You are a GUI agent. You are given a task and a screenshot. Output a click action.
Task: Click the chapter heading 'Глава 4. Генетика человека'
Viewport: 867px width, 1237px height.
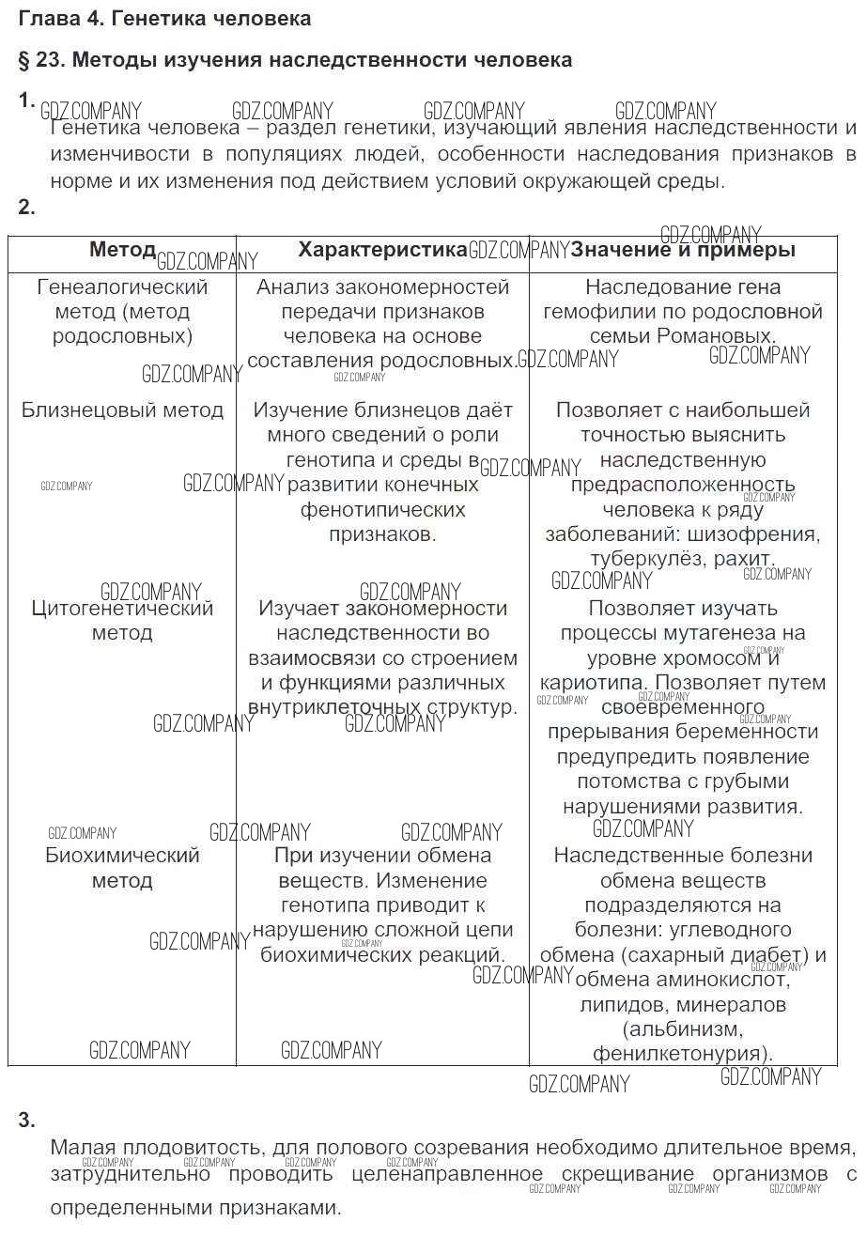[164, 19]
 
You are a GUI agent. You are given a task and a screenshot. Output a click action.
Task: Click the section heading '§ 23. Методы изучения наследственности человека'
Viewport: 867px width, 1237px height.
[295, 60]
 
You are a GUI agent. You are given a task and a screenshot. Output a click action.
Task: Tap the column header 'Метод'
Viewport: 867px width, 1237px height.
[122, 250]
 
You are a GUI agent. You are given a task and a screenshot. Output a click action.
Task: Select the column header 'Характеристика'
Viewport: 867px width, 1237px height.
[382, 250]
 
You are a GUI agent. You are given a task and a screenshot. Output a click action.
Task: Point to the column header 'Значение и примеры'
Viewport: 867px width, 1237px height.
[683, 250]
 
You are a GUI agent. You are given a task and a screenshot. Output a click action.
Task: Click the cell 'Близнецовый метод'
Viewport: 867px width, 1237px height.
[122, 410]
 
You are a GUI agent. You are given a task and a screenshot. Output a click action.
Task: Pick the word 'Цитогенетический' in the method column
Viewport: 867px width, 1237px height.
[122, 609]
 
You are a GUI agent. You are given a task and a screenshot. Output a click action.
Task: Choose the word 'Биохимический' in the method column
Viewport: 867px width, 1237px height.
[122, 856]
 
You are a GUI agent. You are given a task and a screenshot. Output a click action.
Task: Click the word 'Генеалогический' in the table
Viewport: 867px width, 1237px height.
[122, 287]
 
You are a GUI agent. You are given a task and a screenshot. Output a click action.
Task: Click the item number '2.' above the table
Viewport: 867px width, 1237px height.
[27, 208]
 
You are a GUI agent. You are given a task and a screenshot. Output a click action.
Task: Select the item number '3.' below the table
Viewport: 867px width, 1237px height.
[27, 1120]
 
